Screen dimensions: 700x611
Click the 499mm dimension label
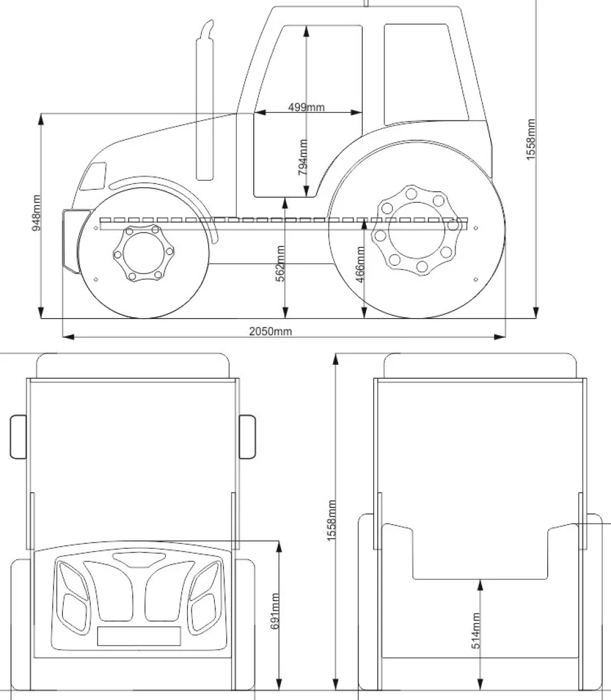(x=307, y=107)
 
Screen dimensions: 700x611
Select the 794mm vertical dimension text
(x=303, y=157)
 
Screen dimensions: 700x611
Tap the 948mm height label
(x=37, y=212)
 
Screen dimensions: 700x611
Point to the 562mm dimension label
(x=281, y=263)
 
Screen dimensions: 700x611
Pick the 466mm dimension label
(x=360, y=264)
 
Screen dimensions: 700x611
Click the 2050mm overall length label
(x=270, y=331)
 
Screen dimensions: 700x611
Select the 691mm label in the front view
(x=275, y=611)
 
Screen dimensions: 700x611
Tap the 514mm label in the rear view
(x=476, y=630)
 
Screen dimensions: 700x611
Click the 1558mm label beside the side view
(x=530, y=139)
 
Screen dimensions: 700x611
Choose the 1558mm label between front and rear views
(x=332, y=520)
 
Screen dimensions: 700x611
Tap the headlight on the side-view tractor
(x=94, y=176)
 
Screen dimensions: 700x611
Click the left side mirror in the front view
(x=18, y=436)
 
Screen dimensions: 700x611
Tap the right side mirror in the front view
(x=248, y=436)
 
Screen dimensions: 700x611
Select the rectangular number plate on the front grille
(x=139, y=636)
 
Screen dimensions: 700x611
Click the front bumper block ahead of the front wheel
(x=71, y=240)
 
